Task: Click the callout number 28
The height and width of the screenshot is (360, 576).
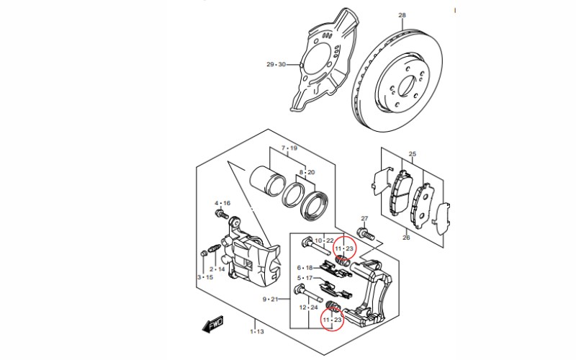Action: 402,15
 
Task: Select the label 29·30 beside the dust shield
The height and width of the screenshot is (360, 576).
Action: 276,65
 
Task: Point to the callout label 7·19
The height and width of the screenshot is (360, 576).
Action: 289,148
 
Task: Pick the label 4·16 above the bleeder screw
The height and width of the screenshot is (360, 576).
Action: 222,204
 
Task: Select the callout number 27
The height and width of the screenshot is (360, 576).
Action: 364,218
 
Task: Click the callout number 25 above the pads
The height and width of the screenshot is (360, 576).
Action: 413,154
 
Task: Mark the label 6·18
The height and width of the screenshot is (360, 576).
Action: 305,267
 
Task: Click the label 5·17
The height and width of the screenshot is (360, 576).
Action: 305,278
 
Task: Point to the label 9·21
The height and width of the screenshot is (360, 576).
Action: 270,299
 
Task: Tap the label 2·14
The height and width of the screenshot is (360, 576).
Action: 217,269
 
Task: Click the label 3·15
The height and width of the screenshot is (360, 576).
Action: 205,277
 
